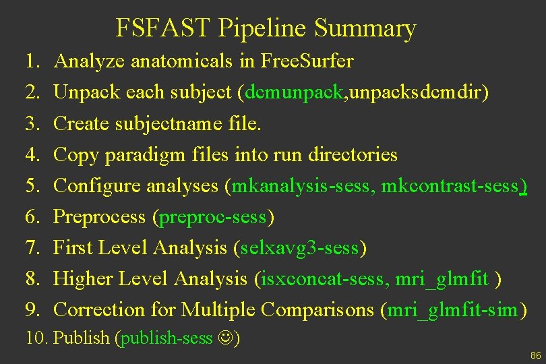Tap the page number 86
tap(536, 355)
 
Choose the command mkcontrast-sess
tap(451, 185)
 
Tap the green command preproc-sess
tap(214, 217)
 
